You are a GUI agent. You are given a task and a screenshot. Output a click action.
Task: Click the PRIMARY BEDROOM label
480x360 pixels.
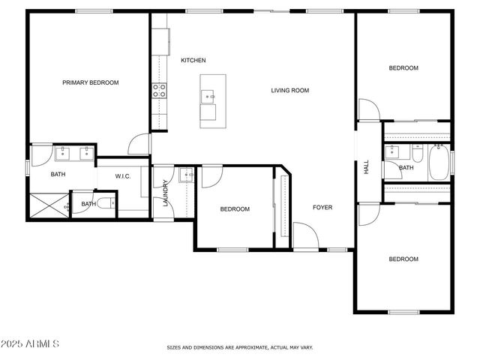coord(90,82)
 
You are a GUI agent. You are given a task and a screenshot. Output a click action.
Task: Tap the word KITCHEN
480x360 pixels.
coord(193,61)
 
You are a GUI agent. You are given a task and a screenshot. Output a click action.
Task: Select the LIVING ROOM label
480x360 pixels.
coord(290,91)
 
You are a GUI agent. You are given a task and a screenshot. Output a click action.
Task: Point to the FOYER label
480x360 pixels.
coord(322,208)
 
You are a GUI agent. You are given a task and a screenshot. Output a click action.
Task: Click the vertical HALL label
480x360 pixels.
coord(367,169)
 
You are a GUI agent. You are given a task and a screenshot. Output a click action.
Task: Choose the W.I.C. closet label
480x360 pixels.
coord(124,176)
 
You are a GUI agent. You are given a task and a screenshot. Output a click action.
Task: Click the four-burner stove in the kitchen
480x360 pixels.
coord(160,91)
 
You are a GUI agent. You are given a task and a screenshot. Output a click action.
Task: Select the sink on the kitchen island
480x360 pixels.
coord(209,96)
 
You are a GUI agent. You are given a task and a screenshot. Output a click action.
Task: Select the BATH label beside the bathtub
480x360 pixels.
coord(406,168)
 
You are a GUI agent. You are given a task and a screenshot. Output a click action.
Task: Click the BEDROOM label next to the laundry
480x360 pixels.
coord(234,209)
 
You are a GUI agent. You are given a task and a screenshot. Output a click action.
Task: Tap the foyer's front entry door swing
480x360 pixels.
coord(304,234)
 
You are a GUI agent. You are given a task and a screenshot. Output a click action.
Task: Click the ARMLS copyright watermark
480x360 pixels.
coord(31,343)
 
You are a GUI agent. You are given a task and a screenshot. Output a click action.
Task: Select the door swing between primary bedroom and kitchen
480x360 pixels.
coord(139,144)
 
